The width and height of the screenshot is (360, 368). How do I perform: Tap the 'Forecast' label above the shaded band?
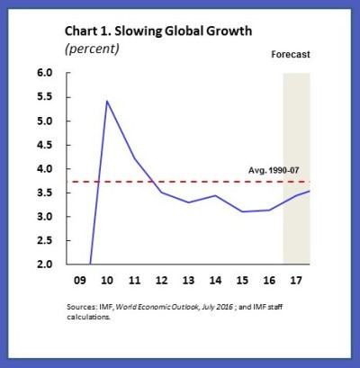[291, 55]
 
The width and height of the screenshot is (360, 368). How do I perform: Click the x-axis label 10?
[109, 279]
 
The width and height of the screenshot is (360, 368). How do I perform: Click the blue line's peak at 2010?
[108, 101]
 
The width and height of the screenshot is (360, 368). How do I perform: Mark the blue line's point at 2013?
[188, 202]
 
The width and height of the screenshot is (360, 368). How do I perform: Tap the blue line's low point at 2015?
[242, 211]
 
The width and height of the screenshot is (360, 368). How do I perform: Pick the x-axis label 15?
[242, 279]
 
